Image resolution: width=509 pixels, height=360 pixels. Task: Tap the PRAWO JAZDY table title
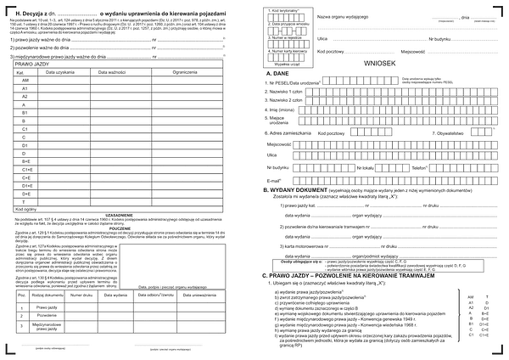[31, 65]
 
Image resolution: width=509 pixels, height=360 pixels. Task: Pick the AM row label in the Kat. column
[25, 81]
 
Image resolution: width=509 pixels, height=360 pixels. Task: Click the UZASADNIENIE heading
[120, 216]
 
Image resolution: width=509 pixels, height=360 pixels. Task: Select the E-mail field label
[273, 180]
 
